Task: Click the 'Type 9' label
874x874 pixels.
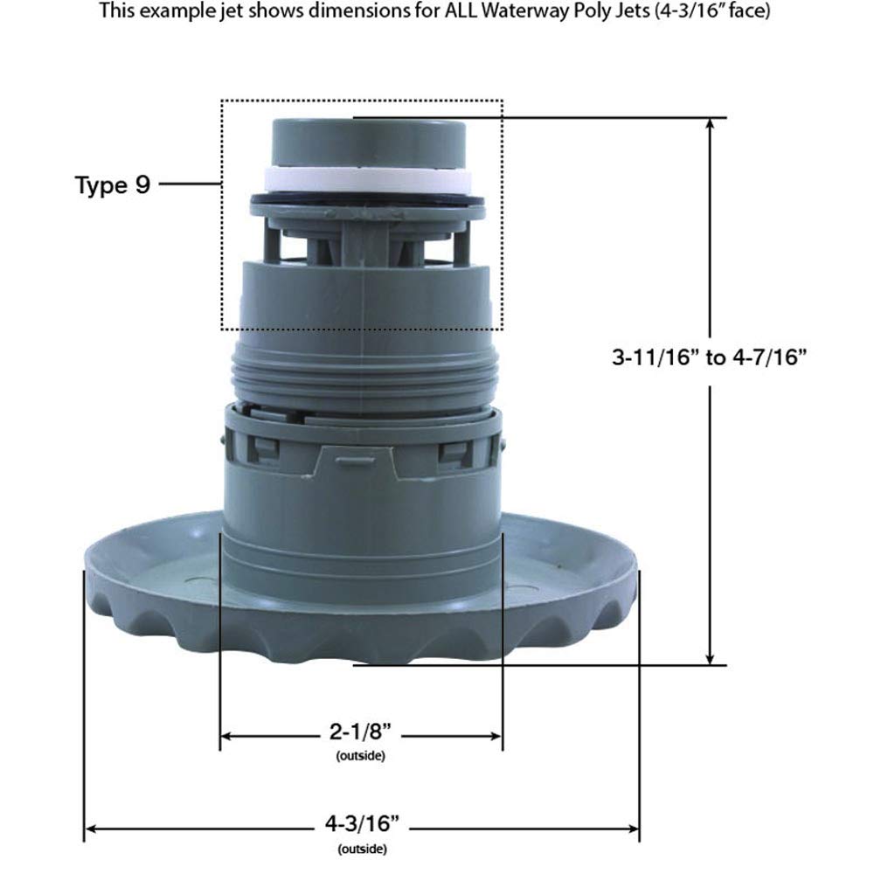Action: (x=113, y=185)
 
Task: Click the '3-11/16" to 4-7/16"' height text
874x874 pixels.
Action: (x=707, y=357)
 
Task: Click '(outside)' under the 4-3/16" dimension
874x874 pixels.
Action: (x=361, y=848)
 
